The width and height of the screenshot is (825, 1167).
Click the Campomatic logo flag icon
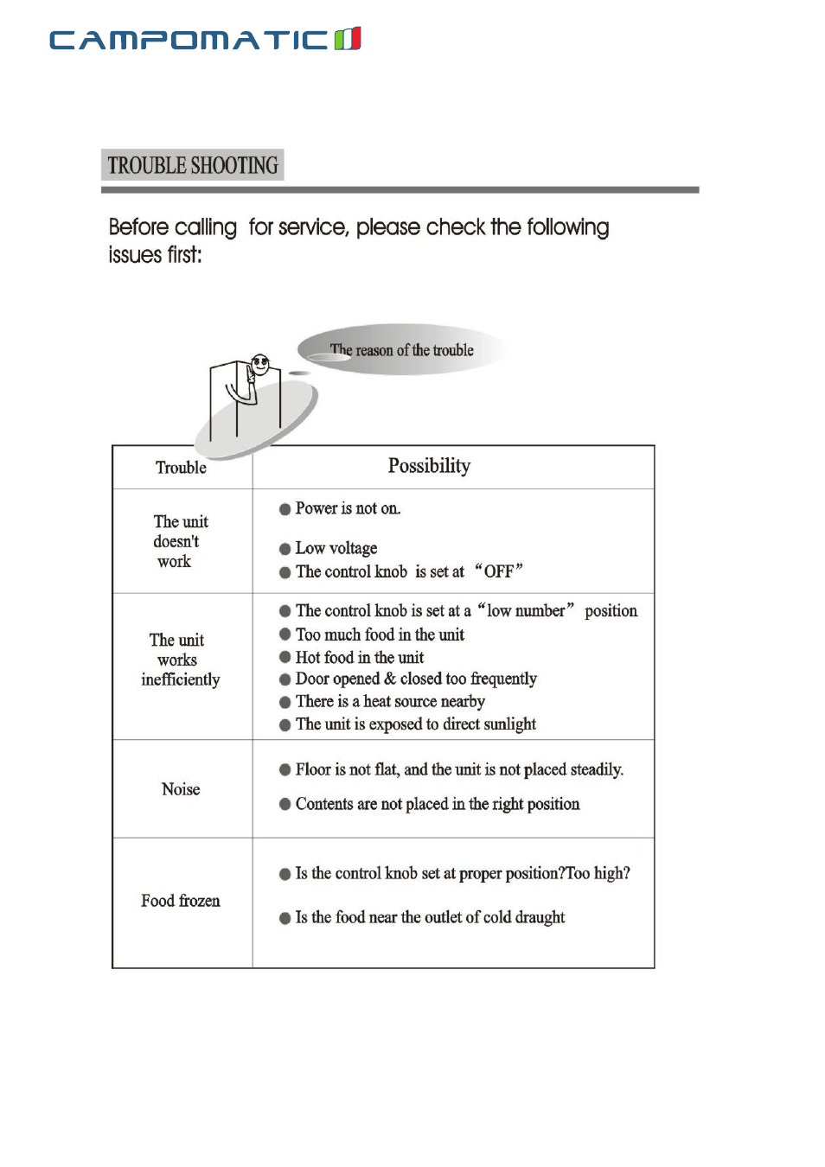(x=348, y=39)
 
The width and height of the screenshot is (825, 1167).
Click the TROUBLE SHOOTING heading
(x=193, y=165)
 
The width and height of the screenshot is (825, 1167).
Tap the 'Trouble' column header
(x=181, y=468)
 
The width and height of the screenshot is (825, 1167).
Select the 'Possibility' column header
(x=429, y=466)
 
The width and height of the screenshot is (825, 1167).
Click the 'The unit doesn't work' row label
(x=180, y=541)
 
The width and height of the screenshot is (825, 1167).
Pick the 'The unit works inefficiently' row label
(x=180, y=660)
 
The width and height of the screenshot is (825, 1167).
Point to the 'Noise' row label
(x=181, y=789)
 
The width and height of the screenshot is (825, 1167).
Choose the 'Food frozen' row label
(x=181, y=901)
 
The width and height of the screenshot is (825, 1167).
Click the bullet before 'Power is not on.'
(x=285, y=509)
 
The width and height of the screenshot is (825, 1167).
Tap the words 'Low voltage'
(x=336, y=548)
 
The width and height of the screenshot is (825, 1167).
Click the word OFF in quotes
(x=499, y=571)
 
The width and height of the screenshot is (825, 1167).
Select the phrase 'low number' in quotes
(x=526, y=611)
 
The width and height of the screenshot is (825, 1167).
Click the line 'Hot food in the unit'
(x=360, y=658)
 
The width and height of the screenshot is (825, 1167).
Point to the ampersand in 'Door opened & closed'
(x=389, y=679)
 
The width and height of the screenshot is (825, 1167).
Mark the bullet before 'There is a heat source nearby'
(x=285, y=702)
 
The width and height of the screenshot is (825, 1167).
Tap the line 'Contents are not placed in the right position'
(x=438, y=804)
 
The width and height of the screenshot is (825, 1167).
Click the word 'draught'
(x=540, y=917)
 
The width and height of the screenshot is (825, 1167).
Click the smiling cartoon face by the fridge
(x=259, y=363)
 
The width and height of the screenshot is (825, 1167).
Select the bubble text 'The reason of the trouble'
(x=402, y=350)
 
